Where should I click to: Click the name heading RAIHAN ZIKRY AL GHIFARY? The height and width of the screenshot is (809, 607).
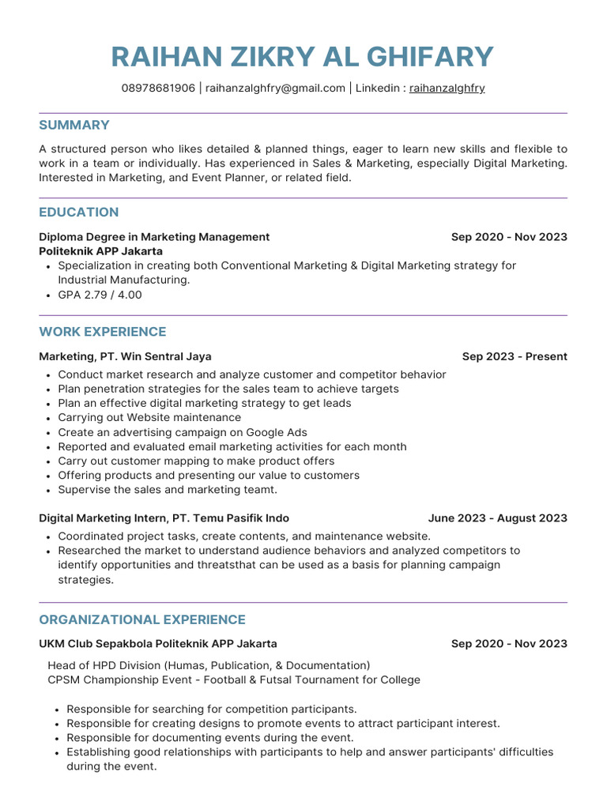(303, 57)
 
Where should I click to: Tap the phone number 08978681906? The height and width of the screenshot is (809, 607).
(158, 88)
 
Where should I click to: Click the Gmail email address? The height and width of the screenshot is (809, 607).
(275, 88)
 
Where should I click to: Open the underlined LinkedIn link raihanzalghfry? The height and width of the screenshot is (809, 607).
(447, 88)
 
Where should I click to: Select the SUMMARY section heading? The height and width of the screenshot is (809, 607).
(74, 125)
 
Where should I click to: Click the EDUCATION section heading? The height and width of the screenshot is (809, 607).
(79, 212)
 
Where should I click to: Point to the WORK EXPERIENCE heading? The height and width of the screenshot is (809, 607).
(103, 332)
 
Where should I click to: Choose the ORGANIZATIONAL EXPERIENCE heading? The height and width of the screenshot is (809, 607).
(142, 619)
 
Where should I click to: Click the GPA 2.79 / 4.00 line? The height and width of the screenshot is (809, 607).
(100, 295)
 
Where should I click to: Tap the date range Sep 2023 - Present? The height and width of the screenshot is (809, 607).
(515, 356)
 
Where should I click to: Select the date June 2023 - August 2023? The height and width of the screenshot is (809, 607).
(497, 518)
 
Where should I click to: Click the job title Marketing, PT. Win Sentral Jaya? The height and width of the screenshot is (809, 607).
(125, 356)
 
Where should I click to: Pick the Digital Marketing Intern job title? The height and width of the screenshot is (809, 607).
(164, 518)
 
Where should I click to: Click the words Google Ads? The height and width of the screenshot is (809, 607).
(276, 432)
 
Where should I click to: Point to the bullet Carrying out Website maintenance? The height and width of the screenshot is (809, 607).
(149, 417)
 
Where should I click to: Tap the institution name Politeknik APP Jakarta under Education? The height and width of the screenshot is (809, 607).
(100, 251)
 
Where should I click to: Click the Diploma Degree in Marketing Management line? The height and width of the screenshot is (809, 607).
(154, 237)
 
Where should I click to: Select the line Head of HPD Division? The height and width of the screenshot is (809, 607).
(209, 665)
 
